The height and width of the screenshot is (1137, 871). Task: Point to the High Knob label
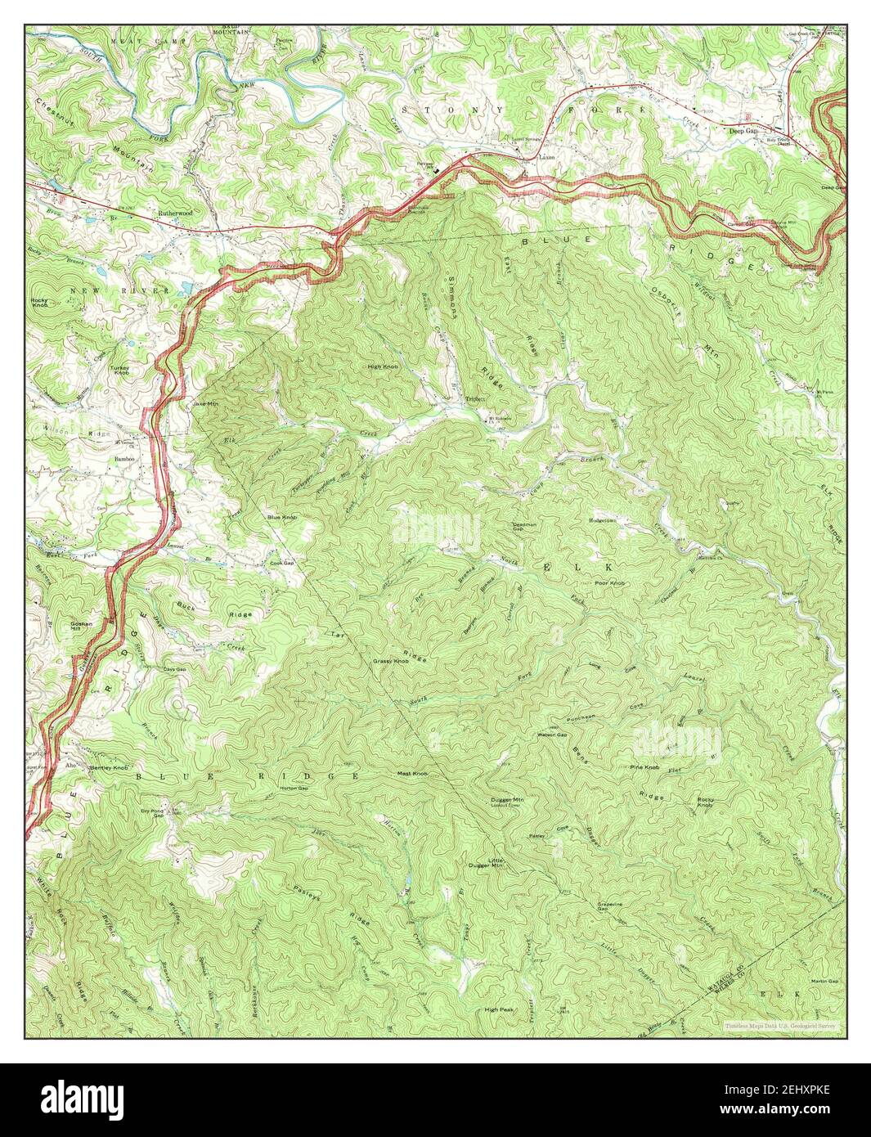coord(383,366)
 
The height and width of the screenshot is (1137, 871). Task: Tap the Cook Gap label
coord(281,563)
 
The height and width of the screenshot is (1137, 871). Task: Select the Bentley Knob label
coord(109,768)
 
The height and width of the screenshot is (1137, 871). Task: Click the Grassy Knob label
coord(390,660)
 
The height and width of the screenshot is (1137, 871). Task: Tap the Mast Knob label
coord(412,773)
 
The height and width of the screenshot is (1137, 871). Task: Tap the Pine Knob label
coord(644,766)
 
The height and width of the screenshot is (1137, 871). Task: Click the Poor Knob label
coord(610,583)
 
